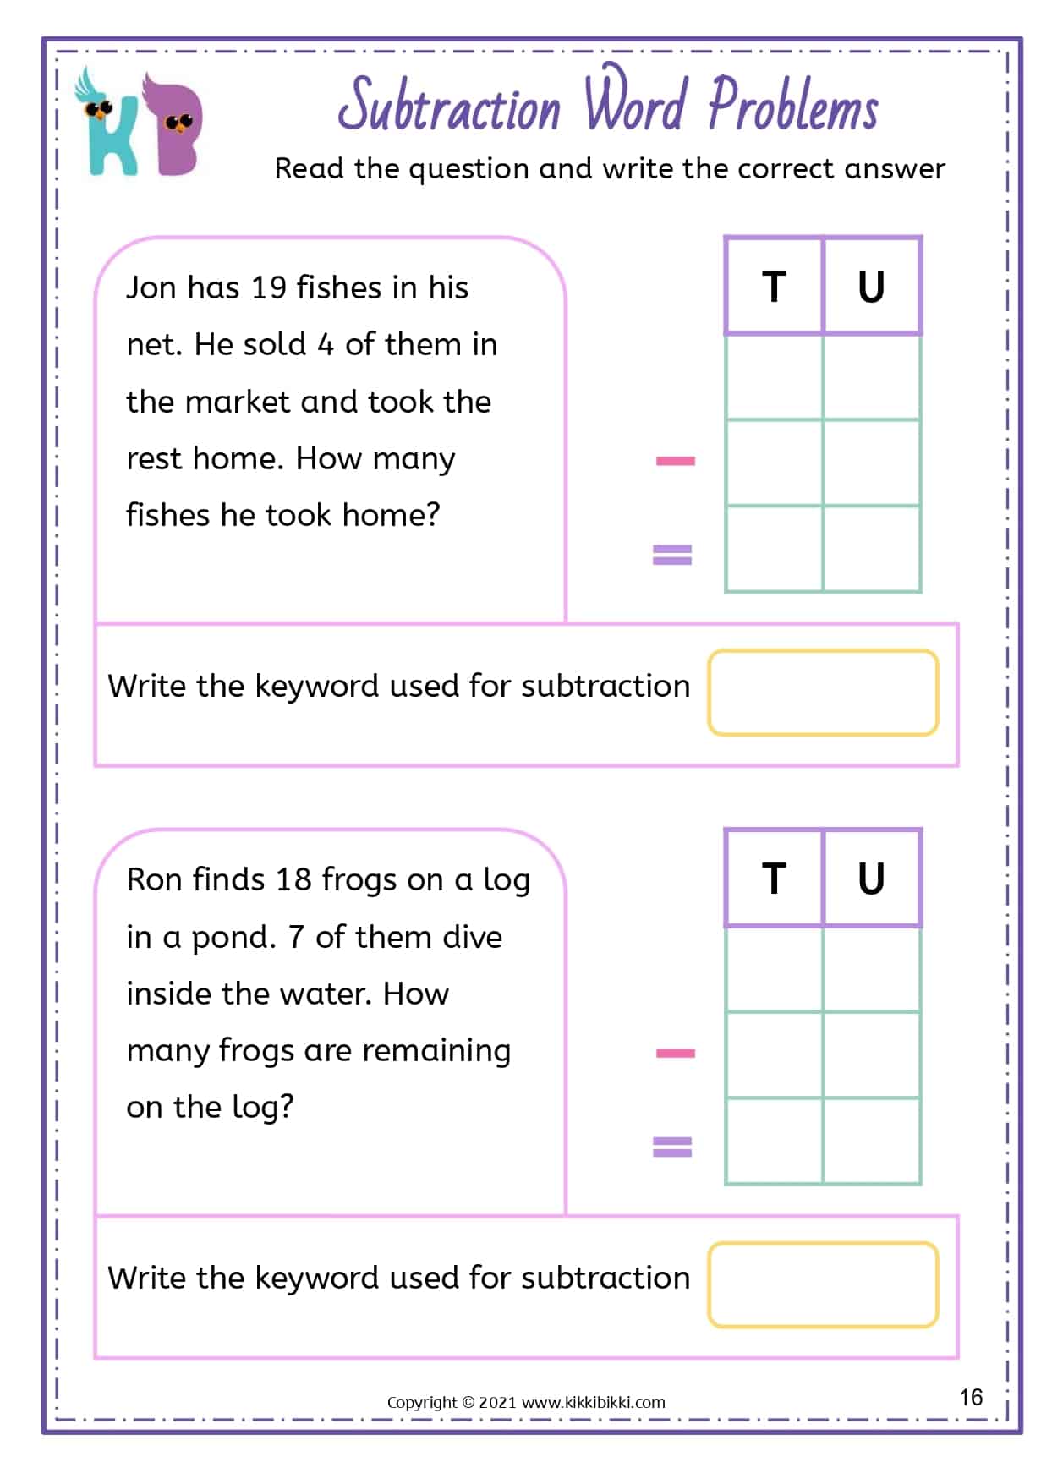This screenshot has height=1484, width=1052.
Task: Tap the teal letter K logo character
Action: pos(110,127)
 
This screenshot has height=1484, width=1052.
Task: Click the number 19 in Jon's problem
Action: pos(269,288)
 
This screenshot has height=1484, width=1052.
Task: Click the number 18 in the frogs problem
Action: pos(293,880)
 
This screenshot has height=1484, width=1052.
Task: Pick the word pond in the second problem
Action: pos(233,939)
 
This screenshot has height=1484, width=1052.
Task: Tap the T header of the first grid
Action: pos(774,287)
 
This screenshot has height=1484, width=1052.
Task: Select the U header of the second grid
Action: pos(871,879)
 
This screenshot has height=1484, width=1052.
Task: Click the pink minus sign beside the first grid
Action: pos(675,461)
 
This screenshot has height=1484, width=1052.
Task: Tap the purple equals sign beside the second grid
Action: pos(672,1147)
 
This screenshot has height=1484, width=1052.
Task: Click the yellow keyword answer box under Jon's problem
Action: pos(823,693)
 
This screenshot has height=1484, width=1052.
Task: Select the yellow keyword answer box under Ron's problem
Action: pos(823,1284)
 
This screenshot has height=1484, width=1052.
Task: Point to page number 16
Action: pos(971,1397)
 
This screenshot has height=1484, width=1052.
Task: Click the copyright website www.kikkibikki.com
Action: pos(593,1403)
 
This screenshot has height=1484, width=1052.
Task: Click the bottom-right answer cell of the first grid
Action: pos(872,549)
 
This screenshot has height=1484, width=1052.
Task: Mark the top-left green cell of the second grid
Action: pos(774,969)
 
